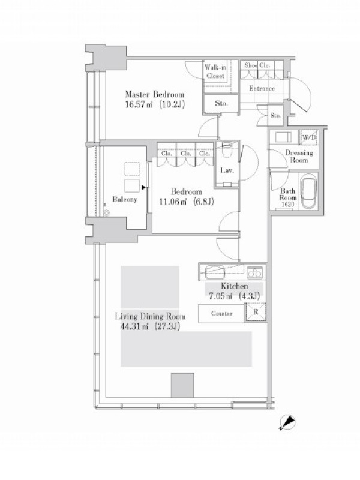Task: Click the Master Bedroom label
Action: tap(155, 94)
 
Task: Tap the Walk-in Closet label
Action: tap(215, 71)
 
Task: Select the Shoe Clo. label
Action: tap(257, 65)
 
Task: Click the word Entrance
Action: tap(262, 88)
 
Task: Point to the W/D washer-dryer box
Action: tap(309, 137)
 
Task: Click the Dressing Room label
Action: tap(299, 156)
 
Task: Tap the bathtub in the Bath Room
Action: tap(308, 191)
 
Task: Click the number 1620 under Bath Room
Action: tap(287, 205)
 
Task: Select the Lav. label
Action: tap(227, 170)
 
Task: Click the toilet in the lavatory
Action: tap(227, 149)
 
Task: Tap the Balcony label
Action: tap(124, 200)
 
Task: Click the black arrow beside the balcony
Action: tap(143, 187)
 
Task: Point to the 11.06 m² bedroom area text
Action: tap(187, 202)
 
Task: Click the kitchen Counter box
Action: tap(221, 313)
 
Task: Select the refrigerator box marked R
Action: tap(256, 312)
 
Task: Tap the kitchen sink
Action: tap(215, 272)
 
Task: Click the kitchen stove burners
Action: tap(254, 272)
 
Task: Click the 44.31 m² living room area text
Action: tap(150, 326)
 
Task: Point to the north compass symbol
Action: tap(288, 422)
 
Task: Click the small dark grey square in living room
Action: tap(182, 385)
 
